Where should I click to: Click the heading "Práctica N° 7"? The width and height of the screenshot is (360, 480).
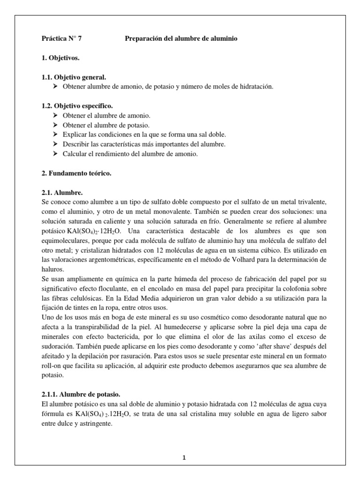(61, 39)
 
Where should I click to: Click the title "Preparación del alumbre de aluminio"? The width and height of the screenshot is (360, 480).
(181, 39)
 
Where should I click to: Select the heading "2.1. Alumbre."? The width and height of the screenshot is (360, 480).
(62, 192)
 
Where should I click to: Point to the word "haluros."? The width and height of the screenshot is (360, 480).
(53, 269)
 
